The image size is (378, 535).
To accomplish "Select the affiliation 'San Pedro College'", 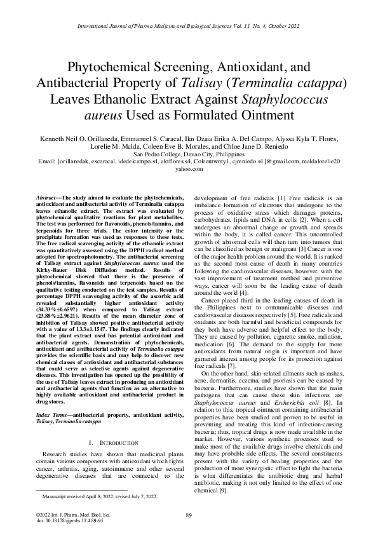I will pos(158,154).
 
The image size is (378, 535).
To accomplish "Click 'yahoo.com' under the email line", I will pos(189,170).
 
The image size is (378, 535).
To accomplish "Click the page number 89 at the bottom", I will pos(189,515).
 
